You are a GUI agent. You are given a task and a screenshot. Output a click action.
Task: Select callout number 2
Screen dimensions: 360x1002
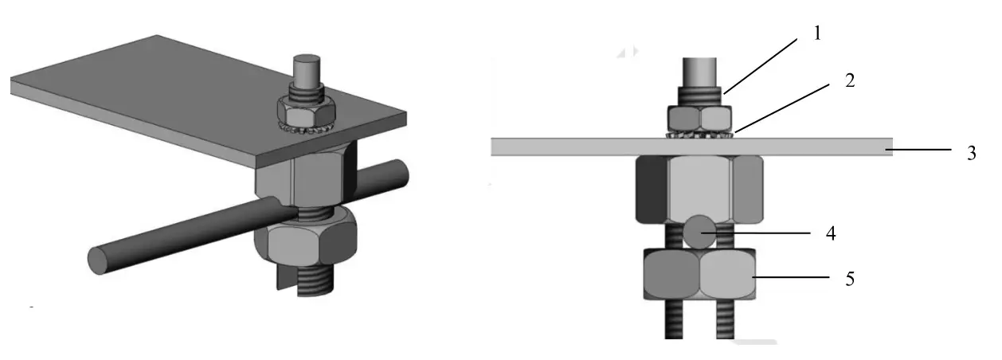[x=851, y=80]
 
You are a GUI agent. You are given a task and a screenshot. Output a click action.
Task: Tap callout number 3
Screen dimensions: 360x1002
[x=971, y=153]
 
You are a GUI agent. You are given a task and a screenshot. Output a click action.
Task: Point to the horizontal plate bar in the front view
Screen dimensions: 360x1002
[x=558, y=147]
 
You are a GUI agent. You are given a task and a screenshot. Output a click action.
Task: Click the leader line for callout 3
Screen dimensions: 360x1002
[x=924, y=149]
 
